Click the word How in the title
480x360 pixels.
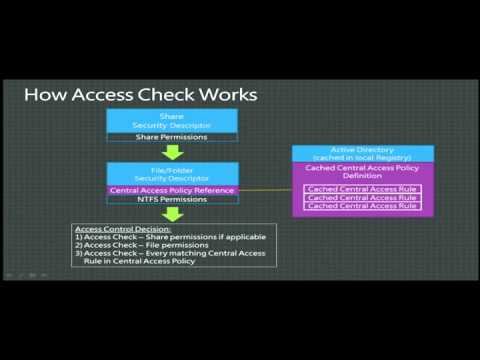pos(45,95)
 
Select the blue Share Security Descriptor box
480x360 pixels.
pos(171,120)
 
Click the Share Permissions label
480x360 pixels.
pos(171,137)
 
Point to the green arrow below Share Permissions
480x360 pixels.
pos(171,153)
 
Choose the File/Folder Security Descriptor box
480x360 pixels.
pos(171,174)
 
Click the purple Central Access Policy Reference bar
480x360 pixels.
pos(171,190)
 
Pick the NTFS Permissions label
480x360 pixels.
pos(171,200)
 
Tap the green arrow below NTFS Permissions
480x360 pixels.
pos(171,214)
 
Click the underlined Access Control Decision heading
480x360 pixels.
pos(111,229)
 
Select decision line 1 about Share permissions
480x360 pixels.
pos(151,237)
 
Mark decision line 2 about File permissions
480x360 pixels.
pos(136,245)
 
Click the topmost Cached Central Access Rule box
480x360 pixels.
pos(362,189)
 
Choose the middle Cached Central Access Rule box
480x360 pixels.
pos(362,198)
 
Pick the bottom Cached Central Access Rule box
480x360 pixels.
pos(362,207)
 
